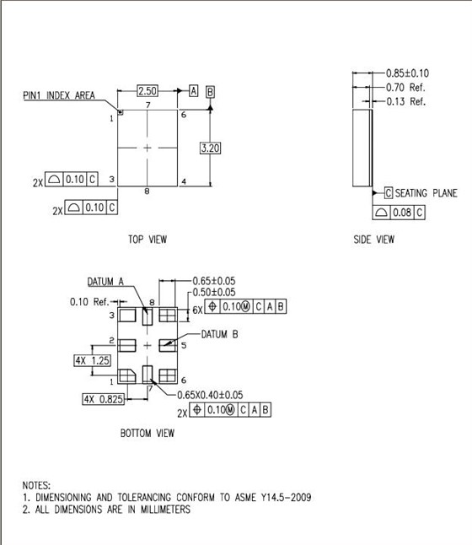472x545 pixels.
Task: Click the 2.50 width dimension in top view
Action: [147, 89]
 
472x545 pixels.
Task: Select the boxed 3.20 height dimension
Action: [210, 148]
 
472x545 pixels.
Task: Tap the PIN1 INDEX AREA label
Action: [59, 95]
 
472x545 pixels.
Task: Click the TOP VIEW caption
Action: [147, 240]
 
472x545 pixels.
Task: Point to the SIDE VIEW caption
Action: [373, 240]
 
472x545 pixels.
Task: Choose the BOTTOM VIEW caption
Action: [147, 434]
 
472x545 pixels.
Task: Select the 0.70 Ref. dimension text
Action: [406, 87]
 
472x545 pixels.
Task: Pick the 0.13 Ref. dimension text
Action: [406, 101]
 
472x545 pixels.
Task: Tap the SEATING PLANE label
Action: [426, 193]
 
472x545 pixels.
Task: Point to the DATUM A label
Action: [105, 282]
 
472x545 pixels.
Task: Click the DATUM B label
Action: [219, 334]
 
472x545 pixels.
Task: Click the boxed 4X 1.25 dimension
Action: [93, 361]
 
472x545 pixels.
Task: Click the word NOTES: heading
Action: [36, 486]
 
